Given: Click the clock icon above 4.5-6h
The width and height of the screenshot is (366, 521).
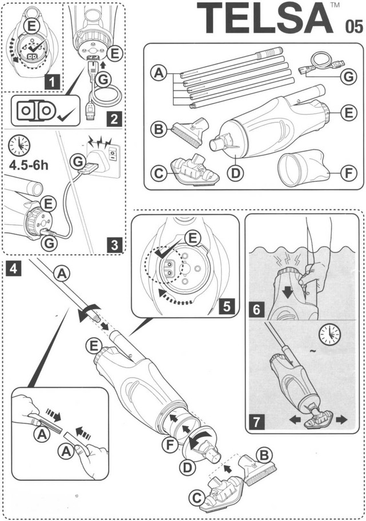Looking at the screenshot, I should click(x=20, y=146).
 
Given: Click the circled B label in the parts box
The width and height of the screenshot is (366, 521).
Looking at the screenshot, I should click(x=158, y=129).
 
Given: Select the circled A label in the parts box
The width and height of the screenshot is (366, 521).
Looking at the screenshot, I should click(x=157, y=73).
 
